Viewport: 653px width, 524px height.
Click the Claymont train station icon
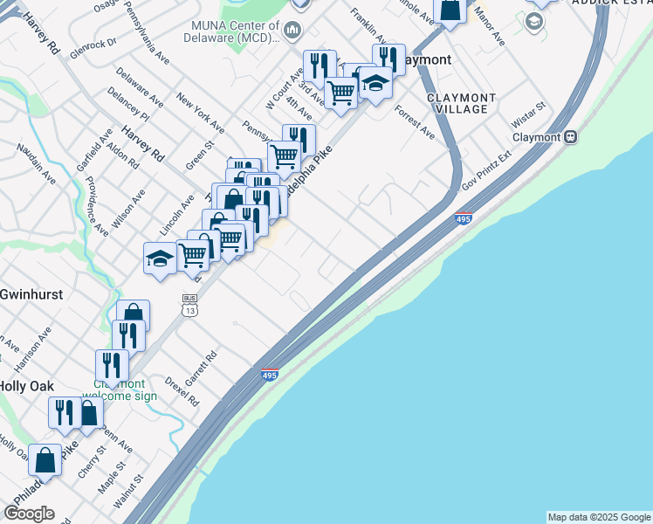(x=572, y=137)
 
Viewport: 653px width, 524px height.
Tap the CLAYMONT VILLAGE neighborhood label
(x=462, y=103)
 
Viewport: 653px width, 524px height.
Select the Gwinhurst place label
(x=31, y=294)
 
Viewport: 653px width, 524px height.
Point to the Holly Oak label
(x=26, y=386)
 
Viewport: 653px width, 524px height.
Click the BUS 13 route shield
(x=189, y=304)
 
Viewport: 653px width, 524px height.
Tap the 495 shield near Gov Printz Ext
(x=464, y=218)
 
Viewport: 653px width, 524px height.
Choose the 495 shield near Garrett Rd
(x=270, y=376)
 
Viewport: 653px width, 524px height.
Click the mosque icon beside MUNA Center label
(x=292, y=31)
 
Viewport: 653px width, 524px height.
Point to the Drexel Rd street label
(x=182, y=391)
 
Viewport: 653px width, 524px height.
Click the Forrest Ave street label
(x=414, y=123)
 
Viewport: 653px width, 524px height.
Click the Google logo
(x=29, y=514)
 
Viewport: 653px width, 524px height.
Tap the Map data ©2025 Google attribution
(x=599, y=517)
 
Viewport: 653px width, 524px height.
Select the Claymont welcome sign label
(x=120, y=390)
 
